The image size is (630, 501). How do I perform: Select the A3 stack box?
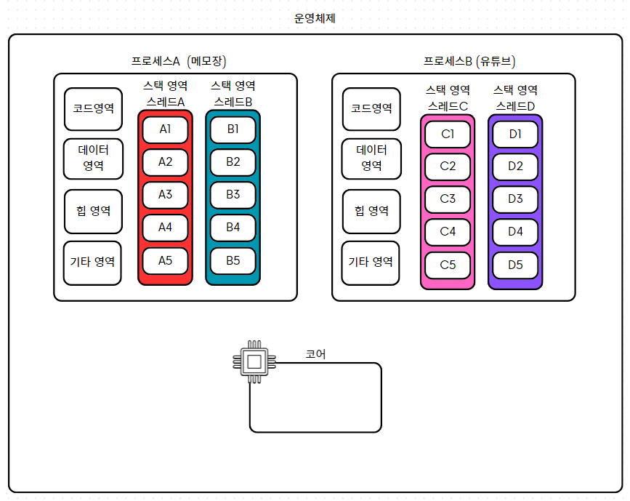165,195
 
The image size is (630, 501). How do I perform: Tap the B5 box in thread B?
233,260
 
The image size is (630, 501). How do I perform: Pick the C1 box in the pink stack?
448,134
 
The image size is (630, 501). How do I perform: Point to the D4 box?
515,232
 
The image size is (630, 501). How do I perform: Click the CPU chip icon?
254,361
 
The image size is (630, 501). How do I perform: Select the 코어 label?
315,354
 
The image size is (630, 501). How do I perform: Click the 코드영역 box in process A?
93,108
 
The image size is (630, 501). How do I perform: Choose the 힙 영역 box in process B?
371,211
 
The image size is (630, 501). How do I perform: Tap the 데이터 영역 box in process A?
93,158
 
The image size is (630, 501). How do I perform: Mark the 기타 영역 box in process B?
371,262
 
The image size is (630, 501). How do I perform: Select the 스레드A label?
165,102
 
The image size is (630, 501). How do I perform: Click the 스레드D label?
515,106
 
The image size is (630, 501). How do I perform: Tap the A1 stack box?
165,129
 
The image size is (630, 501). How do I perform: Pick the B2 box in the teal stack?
233,162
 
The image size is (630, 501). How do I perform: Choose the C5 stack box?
448,265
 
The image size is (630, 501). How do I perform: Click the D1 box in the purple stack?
515,134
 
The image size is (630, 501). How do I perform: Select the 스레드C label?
448,106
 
